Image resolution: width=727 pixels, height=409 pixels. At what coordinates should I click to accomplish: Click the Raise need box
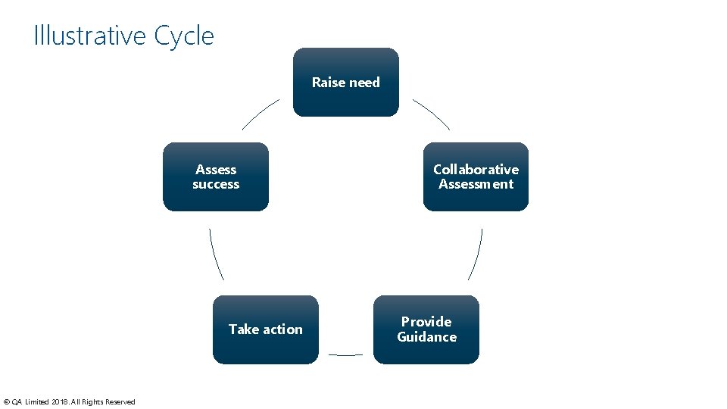tap(345, 82)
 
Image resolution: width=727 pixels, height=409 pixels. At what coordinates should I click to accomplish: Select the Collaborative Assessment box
tap(476, 176)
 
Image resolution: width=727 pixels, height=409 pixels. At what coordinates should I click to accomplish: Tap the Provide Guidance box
tap(426, 329)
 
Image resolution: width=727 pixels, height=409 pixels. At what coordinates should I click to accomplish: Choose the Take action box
tap(265, 329)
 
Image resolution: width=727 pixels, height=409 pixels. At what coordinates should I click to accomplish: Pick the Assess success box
tap(216, 176)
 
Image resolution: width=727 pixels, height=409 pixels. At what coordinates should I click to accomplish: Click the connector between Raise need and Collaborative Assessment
tap(431, 114)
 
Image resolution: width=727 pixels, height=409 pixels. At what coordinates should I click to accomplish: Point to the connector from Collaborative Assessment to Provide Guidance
tap(476, 254)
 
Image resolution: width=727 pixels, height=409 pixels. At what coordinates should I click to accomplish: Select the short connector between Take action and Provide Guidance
tap(345, 354)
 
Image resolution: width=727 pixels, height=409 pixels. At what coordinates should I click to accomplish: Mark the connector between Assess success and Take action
tap(215, 254)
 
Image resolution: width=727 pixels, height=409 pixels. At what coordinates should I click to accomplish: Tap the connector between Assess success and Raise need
tap(261, 114)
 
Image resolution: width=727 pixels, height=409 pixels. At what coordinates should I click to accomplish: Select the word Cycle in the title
tap(184, 36)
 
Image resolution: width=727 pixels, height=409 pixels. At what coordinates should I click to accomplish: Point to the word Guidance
tap(426, 337)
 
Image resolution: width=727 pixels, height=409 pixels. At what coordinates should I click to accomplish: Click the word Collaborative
tap(476, 170)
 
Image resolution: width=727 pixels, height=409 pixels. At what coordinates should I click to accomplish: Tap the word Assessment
tap(476, 184)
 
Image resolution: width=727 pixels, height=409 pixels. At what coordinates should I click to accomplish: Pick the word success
tap(216, 184)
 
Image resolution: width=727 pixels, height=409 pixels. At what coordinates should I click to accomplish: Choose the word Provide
tap(426, 322)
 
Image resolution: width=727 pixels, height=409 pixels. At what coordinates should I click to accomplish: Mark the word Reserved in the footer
tap(120, 402)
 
